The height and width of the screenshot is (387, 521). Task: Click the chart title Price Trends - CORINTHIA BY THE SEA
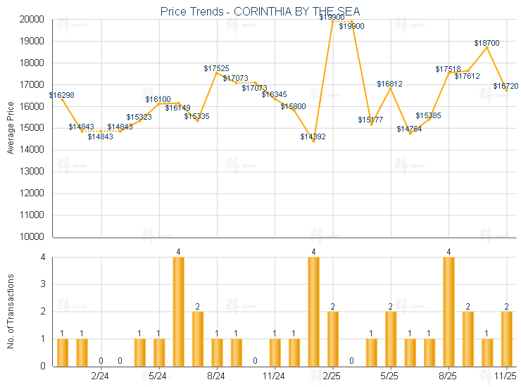tap(260, 11)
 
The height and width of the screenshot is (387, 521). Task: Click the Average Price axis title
tap(11, 128)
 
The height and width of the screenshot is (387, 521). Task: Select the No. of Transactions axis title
tap(11, 312)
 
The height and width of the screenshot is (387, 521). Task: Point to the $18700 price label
tap(487, 43)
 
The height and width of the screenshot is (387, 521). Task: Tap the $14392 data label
tap(313, 137)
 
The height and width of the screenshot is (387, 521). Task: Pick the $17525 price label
tap(216, 68)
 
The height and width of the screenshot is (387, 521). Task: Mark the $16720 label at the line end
tap(506, 86)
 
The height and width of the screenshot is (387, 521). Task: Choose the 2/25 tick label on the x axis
tap(332, 376)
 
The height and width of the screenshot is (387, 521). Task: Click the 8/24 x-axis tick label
tap(217, 376)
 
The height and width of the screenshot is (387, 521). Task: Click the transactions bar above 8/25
tap(448, 312)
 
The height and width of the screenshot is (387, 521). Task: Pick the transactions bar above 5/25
tap(391, 338)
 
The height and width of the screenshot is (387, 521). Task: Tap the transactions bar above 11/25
tap(506, 338)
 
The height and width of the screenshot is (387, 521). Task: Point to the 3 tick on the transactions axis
tap(43, 284)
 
